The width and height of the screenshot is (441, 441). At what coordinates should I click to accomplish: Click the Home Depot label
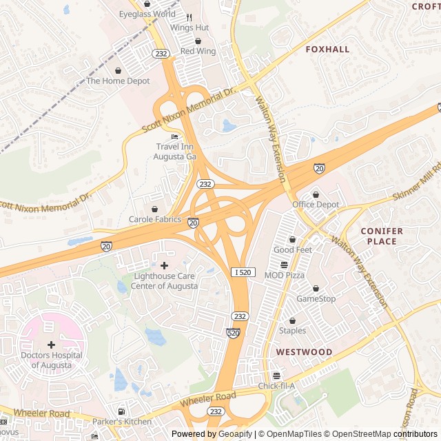[118, 81]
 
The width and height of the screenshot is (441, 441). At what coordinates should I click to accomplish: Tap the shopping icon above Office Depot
[316, 194]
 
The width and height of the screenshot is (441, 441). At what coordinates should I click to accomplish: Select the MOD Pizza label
[284, 275]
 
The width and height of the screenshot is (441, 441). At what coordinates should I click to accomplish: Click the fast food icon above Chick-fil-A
[276, 376]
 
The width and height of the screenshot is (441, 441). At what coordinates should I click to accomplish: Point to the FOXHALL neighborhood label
[327, 50]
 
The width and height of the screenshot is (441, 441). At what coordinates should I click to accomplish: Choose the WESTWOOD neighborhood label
[304, 352]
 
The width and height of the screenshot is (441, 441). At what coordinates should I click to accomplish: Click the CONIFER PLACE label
[378, 236]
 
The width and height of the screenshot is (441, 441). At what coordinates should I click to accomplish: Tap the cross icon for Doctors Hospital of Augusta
[51, 344]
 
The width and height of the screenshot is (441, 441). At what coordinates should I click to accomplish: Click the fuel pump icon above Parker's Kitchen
[122, 411]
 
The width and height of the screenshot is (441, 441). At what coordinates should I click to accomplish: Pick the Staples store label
[292, 331]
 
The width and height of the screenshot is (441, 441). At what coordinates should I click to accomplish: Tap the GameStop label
[316, 298]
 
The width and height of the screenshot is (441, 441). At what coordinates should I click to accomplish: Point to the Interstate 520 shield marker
[233, 333]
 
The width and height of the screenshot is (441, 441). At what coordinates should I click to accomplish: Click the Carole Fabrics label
[155, 219]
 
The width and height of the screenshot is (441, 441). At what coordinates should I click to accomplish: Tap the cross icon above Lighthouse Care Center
[164, 265]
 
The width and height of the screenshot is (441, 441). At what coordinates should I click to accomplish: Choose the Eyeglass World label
[147, 14]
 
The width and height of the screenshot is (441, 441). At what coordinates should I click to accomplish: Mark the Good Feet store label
[293, 249]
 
